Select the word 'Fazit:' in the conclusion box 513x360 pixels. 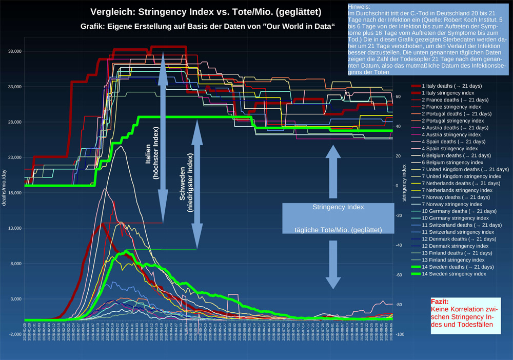(440, 302)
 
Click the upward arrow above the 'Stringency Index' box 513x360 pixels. (333, 172)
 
